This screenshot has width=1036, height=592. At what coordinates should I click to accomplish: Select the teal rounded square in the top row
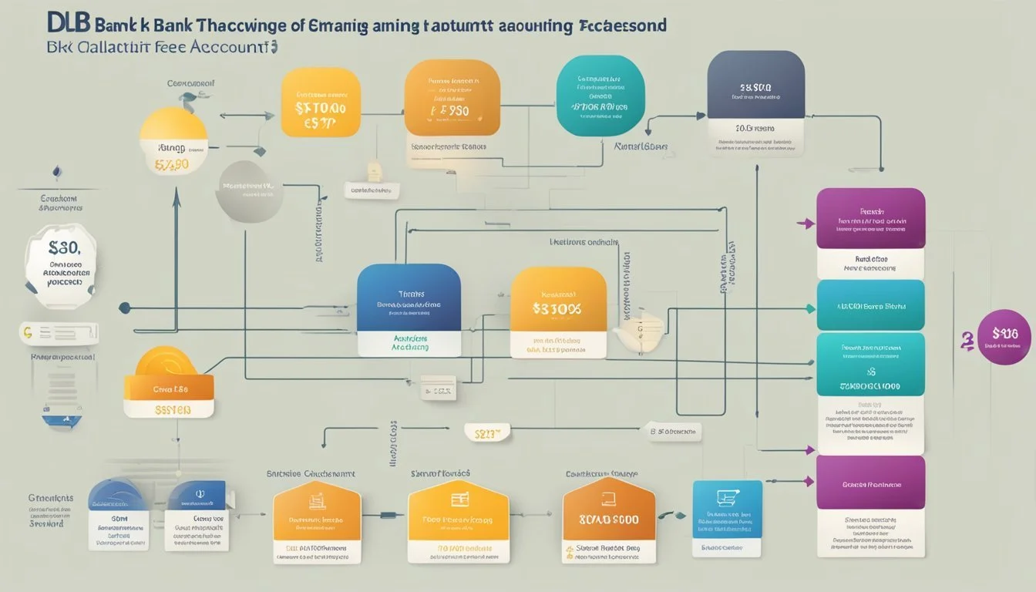pyautogui.click(x=600, y=95)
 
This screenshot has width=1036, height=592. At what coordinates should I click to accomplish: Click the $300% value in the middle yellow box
pyautogui.click(x=557, y=309)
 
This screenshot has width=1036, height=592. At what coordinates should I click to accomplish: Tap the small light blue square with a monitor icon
pyautogui.click(x=727, y=509)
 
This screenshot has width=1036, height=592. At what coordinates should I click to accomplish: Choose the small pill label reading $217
pyautogui.click(x=487, y=434)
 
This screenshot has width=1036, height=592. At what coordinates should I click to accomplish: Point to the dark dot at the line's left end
pyautogui.click(x=124, y=308)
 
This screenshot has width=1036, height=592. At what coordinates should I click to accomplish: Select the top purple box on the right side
pyautogui.click(x=870, y=218)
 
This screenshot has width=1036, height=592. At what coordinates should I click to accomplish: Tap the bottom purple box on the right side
pyautogui.click(x=870, y=483)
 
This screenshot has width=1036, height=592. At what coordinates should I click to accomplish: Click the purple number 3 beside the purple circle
pyautogui.click(x=965, y=339)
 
